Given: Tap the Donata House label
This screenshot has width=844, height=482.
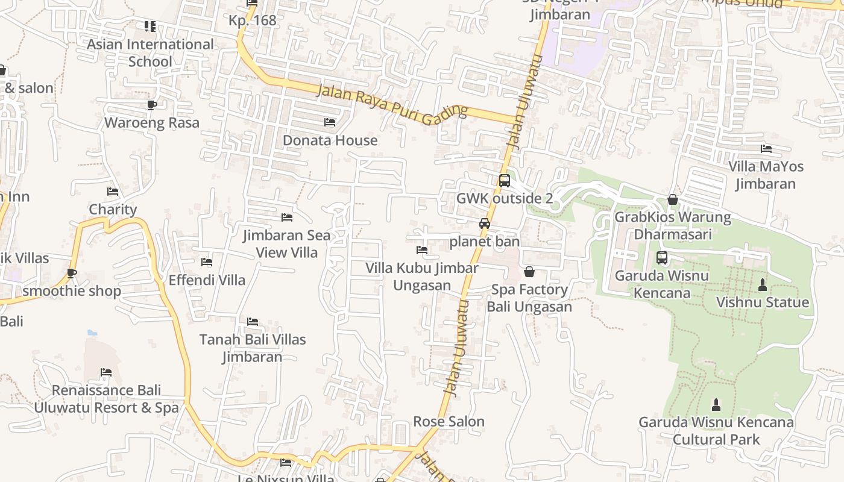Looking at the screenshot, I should [330, 140].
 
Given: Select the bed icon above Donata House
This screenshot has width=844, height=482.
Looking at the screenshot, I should [330, 122].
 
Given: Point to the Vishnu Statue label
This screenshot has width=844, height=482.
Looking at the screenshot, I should [762, 302].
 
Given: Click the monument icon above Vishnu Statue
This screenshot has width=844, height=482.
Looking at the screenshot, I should [762, 285].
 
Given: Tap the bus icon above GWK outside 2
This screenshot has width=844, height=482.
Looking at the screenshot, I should [505, 180].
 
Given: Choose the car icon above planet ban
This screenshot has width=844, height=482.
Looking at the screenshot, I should [484, 224].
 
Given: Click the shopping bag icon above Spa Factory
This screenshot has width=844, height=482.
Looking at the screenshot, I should [529, 272].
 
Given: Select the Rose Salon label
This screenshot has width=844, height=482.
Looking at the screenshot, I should [449, 421].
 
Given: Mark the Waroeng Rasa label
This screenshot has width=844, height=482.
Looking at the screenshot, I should [152, 123].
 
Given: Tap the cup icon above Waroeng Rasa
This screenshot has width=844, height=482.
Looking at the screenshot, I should [152, 105].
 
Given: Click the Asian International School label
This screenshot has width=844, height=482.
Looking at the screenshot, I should [150, 53].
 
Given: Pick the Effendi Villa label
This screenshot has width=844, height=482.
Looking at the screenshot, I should [207, 280].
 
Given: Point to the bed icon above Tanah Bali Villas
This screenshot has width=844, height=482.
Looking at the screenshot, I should [253, 322].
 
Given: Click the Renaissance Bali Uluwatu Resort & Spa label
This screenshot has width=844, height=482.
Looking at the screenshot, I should [106, 399].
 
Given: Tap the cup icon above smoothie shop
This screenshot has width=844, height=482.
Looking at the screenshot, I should [72, 274].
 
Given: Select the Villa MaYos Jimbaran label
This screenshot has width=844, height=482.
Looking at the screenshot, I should [766, 175].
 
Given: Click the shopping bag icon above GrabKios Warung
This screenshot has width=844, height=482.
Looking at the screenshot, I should [673, 199].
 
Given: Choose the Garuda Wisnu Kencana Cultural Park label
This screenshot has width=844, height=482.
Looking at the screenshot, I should [716, 431].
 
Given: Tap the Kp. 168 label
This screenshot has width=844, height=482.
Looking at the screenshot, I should [252, 20].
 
